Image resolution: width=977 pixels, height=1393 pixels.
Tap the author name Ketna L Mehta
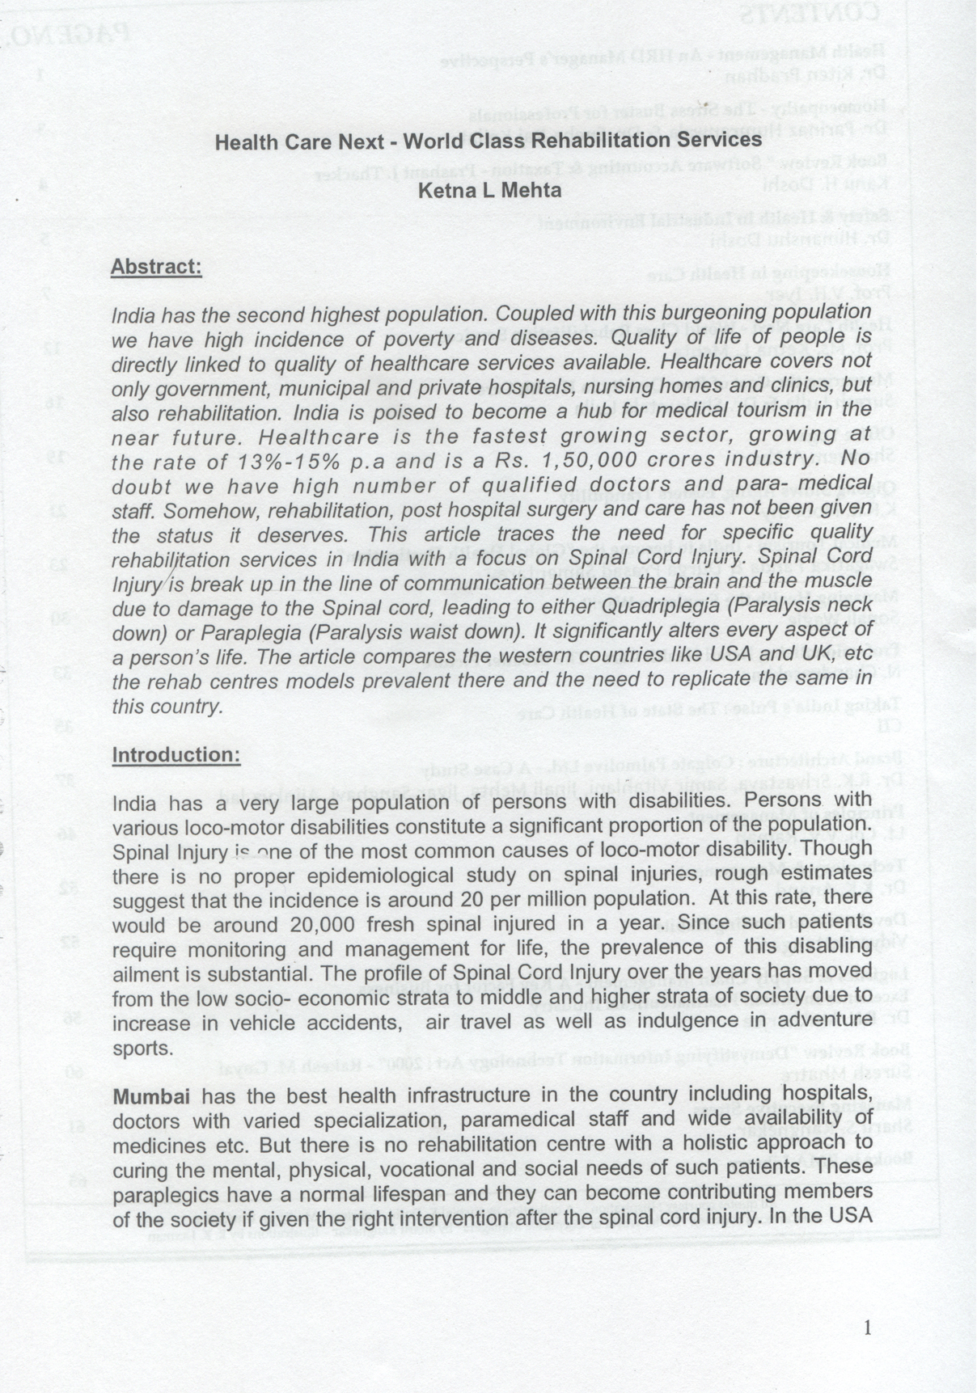(x=488, y=191)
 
